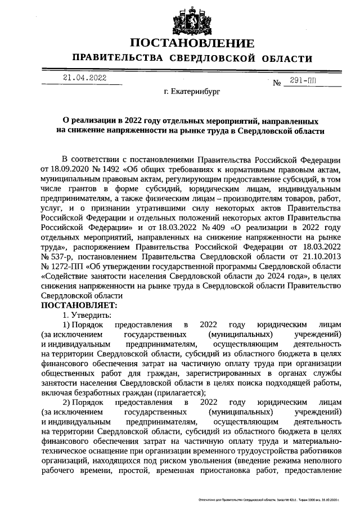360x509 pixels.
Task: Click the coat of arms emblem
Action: point(192,21)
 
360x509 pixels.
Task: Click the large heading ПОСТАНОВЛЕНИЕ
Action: point(192,44)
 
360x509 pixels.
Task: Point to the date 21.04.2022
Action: point(84,78)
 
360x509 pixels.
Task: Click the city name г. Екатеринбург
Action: point(192,90)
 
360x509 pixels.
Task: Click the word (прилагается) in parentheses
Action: point(179,393)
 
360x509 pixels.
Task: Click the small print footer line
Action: point(270,499)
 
